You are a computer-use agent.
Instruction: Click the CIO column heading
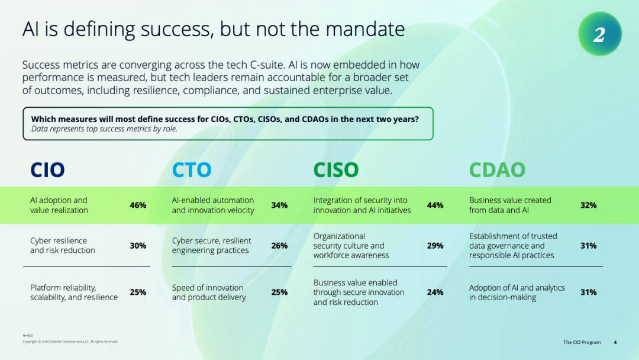(x=47, y=169)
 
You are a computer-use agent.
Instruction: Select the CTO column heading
(x=192, y=169)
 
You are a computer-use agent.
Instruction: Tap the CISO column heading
(x=336, y=169)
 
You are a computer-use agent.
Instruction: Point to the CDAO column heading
(x=497, y=169)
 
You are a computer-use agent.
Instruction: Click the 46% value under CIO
(x=138, y=205)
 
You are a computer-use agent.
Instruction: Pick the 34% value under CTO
(x=279, y=205)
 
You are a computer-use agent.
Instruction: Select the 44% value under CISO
(x=435, y=205)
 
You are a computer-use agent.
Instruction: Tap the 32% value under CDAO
(x=588, y=205)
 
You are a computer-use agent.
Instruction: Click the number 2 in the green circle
(x=599, y=35)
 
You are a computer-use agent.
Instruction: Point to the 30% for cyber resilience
(x=138, y=246)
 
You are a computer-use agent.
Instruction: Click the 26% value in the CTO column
(x=279, y=246)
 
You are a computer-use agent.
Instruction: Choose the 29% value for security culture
(x=435, y=246)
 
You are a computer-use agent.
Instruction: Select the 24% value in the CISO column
(x=435, y=292)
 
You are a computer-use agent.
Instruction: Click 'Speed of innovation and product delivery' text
(x=209, y=292)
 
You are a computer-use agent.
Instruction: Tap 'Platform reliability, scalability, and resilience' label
(x=74, y=292)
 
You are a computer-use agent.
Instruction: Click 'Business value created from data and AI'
(x=510, y=205)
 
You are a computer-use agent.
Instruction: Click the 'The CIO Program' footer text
(x=582, y=342)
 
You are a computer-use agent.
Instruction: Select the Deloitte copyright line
(x=70, y=342)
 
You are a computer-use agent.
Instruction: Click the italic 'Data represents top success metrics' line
(x=104, y=129)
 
